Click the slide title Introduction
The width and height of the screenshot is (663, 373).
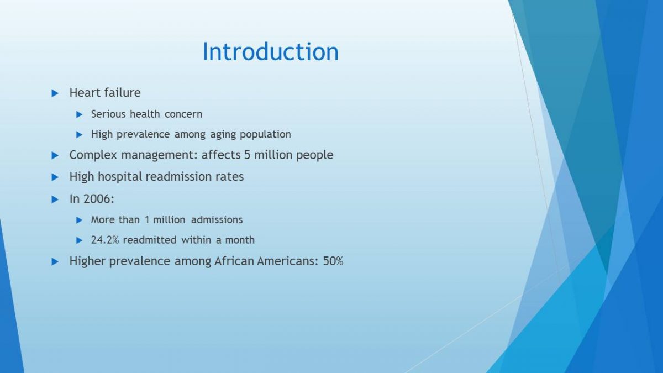point(270,51)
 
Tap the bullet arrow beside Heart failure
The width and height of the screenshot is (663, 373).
point(55,93)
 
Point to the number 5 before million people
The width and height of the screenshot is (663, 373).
point(248,155)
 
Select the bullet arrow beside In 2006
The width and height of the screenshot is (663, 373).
point(55,199)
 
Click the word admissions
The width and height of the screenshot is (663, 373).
point(217,220)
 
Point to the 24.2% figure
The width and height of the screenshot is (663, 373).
point(105,240)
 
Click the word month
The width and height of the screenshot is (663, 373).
point(240,240)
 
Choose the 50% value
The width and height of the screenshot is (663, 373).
point(333,261)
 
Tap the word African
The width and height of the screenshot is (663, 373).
point(234,261)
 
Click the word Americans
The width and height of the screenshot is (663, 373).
point(287,261)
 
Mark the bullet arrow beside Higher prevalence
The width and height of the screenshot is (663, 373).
point(55,262)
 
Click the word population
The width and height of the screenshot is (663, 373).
point(265,135)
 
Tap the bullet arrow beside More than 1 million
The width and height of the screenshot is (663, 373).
point(80,220)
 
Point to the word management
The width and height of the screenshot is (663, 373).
point(159,155)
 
